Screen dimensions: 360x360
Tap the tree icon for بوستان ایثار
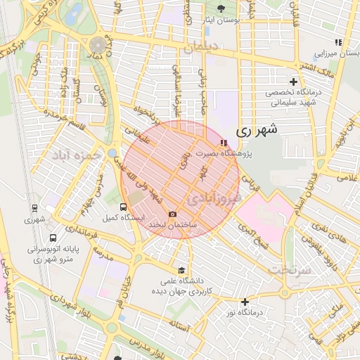[x=221, y=9]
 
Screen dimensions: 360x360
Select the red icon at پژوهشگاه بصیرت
[x=224, y=143]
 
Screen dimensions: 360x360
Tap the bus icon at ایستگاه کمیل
[x=124, y=207]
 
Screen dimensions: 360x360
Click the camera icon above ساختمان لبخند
[x=173, y=214]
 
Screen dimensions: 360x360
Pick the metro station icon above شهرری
[x=34, y=208]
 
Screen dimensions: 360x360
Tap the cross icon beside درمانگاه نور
[x=245, y=302]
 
